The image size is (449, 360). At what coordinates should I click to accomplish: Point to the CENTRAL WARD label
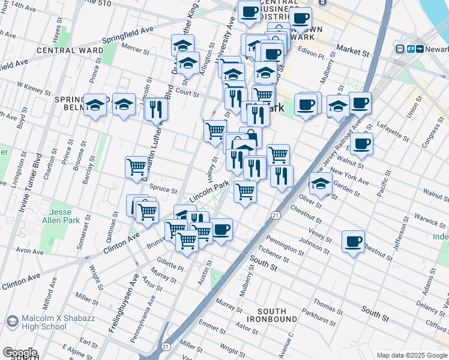click(x=65, y=50)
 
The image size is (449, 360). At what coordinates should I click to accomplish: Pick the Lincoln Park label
click(x=210, y=192)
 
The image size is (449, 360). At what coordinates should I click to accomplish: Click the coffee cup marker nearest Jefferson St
click(x=353, y=241)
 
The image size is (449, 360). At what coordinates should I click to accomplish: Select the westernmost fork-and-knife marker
click(x=155, y=109)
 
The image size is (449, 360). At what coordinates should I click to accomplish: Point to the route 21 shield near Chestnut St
click(x=276, y=215)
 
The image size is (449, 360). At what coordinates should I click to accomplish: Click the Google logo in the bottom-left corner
click(x=20, y=352)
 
